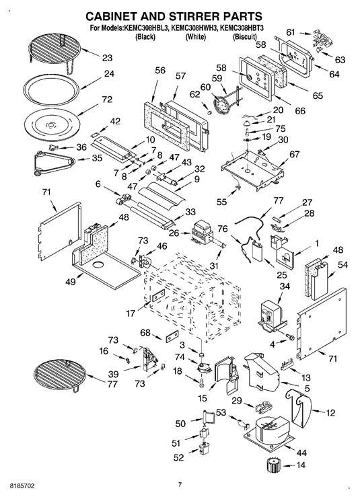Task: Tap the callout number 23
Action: coord(107,58)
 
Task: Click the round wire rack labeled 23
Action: coord(55,52)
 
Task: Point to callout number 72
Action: coord(107,100)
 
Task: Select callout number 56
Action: coord(160,70)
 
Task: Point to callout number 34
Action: coord(285,286)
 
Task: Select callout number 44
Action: coord(301,453)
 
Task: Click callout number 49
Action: coord(71,281)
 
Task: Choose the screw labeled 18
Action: coord(202,383)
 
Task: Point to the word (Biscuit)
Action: coord(244,37)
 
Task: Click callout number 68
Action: coord(145,333)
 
